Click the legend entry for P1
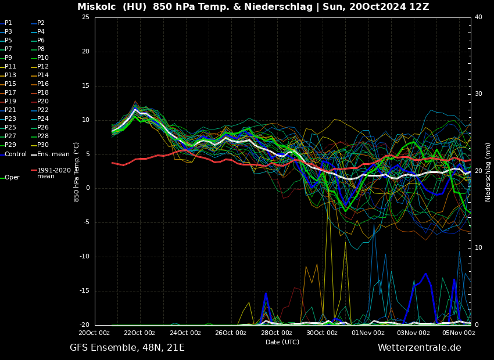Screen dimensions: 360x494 [x=8, y=23]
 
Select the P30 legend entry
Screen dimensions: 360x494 [x=42, y=145]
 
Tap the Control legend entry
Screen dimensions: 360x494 [x=16, y=154]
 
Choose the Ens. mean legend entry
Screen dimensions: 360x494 [x=53, y=154]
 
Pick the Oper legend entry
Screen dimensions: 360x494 [x=12, y=178]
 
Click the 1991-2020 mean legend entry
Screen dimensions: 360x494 [x=53, y=173]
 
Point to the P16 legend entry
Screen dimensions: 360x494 [x=42, y=84]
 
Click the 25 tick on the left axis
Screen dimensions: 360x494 [x=85, y=17]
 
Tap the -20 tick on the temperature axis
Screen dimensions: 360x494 [x=84, y=325]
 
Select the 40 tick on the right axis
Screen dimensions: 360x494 [x=479, y=17]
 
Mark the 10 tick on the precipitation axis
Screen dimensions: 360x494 [x=479, y=248]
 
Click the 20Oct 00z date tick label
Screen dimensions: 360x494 [x=95, y=333]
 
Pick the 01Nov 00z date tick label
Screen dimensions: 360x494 [x=368, y=333]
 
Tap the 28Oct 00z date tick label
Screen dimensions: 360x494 [x=277, y=333]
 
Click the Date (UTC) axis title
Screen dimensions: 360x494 [x=282, y=343]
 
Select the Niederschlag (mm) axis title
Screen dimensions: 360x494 [x=488, y=172]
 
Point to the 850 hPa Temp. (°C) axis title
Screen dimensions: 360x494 [x=76, y=172]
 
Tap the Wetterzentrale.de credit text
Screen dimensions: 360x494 [x=419, y=348]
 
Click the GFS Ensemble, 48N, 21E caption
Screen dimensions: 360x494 [x=127, y=348]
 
